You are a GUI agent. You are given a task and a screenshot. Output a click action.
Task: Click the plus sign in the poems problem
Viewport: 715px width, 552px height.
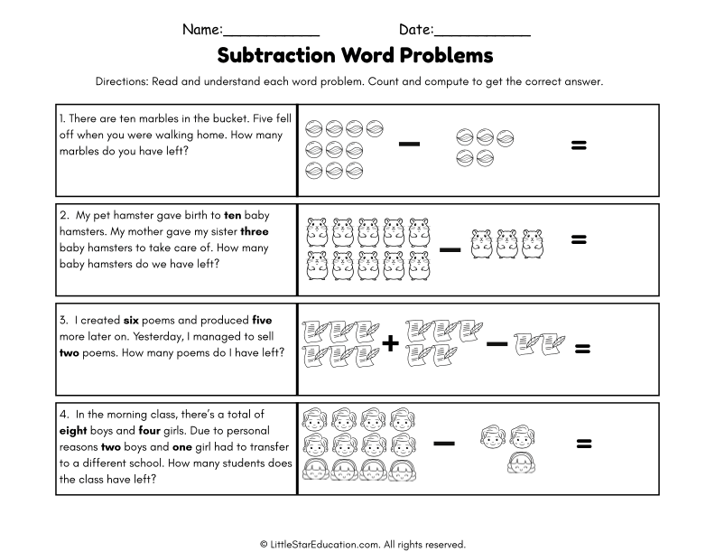click(x=391, y=344)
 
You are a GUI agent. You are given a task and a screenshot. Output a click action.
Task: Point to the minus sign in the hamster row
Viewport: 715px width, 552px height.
click(x=450, y=248)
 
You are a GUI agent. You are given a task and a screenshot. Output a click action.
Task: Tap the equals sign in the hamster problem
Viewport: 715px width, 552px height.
click(x=580, y=239)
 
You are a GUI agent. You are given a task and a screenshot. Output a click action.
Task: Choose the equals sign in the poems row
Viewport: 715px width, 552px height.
click(x=583, y=349)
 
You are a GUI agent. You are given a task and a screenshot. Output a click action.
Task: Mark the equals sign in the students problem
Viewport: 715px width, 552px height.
click(x=584, y=443)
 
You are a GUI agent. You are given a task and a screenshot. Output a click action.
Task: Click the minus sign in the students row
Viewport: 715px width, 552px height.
click(x=443, y=443)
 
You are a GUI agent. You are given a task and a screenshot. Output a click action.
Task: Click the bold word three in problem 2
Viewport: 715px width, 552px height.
click(x=255, y=231)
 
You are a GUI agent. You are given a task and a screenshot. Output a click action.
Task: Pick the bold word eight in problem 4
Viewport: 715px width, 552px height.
click(x=75, y=431)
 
